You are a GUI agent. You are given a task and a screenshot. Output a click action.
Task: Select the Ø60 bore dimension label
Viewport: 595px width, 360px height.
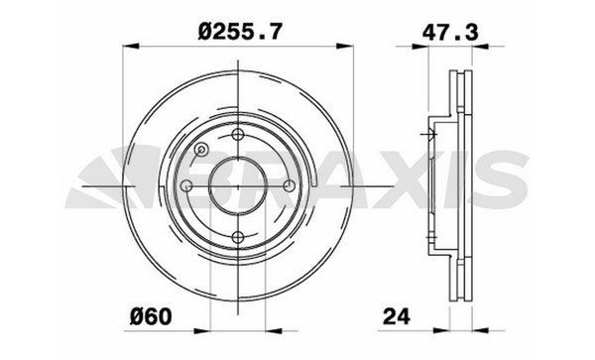pyautogui.click(x=148, y=317)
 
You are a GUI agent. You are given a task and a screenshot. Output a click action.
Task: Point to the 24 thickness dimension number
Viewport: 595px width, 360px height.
pyautogui.click(x=398, y=317)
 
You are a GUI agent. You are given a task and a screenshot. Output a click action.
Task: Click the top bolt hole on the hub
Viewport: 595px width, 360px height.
pyautogui.click(x=238, y=138)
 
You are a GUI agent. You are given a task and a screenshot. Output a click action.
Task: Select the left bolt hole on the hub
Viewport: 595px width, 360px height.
pyautogui.click(x=187, y=186)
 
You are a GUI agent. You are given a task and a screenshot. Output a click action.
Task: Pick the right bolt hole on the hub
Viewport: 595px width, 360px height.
pyautogui.click(x=288, y=186)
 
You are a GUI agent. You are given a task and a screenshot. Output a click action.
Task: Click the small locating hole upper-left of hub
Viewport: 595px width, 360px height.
pyautogui.click(x=201, y=151)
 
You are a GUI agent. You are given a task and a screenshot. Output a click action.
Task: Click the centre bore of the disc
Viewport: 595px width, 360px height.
pyautogui.click(x=238, y=186)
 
